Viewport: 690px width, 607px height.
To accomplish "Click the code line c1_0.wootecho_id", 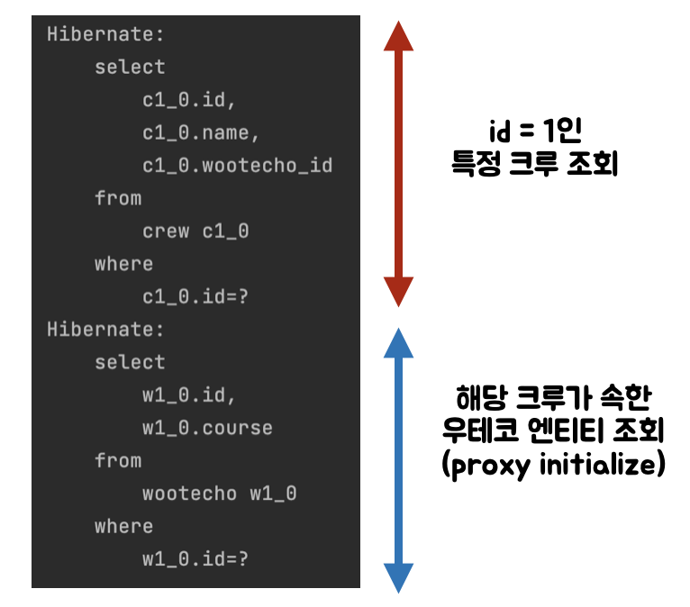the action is point(237,166).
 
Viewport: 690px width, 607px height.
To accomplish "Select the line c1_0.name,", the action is point(201,132).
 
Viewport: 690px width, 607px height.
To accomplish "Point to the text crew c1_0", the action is point(195,231).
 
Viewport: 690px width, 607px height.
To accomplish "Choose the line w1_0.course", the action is point(207,427).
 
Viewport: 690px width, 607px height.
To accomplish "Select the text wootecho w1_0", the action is point(219,494).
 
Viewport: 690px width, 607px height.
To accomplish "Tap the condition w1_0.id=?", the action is point(195,558).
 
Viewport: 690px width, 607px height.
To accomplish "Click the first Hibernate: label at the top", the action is point(106,34).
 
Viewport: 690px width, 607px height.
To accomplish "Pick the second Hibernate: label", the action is point(106,330).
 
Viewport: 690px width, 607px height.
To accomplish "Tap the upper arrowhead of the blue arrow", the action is point(398,344).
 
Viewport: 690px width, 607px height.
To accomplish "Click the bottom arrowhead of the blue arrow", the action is point(398,576).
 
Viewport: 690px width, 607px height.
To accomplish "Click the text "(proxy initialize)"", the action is point(554,466).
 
